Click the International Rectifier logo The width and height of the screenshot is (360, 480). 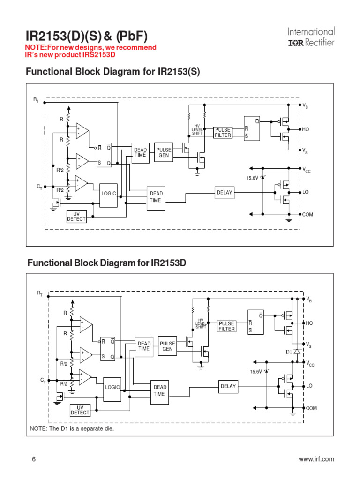[311, 37]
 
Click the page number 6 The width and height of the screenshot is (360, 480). [34, 459]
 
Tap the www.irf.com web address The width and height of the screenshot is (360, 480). [316, 459]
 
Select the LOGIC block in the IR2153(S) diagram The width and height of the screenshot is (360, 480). [108, 193]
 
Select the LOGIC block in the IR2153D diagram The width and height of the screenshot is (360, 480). [112, 387]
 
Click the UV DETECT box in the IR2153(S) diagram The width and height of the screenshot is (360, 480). [76, 217]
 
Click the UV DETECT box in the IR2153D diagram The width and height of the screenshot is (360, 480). [80, 411]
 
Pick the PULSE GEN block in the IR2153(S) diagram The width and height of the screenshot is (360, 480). [164, 153]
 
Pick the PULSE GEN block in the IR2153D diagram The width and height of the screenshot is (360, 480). [167, 346]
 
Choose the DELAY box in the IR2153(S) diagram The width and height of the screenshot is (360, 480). [225, 192]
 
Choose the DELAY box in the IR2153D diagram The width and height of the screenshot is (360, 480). [228, 387]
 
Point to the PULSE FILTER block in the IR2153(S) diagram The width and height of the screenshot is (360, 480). [223, 133]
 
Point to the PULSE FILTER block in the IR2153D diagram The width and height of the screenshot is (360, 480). [226, 326]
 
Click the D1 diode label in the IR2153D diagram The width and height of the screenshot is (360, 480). [288, 352]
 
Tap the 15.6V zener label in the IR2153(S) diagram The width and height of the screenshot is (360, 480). [252, 178]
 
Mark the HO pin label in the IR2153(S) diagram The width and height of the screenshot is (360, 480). [306, 129]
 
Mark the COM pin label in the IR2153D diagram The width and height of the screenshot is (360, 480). [311, 408]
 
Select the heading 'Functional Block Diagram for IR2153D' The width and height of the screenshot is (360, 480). [107, 263]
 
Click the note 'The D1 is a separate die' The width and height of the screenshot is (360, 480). [72, 429]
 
